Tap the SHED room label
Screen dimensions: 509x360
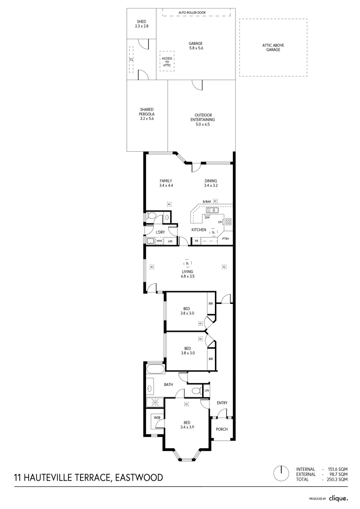point(141,24)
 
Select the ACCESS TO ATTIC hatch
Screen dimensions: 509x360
point(167,61)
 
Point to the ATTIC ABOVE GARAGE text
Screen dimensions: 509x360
point(273,47)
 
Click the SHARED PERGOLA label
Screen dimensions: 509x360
point(147,114)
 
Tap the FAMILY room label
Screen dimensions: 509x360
point(166,183)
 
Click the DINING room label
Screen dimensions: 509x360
point(211,183)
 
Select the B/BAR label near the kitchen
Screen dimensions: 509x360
point(206,202)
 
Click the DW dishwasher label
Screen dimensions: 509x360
point(207,217)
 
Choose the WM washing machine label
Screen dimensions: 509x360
point(159,241)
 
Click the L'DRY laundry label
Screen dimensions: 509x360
point(160,232)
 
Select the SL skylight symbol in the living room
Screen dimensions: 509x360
point(188,263)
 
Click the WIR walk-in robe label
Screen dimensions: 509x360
point(157,418)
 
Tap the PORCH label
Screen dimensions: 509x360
point(221,429)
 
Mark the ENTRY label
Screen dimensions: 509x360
point(222,403)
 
